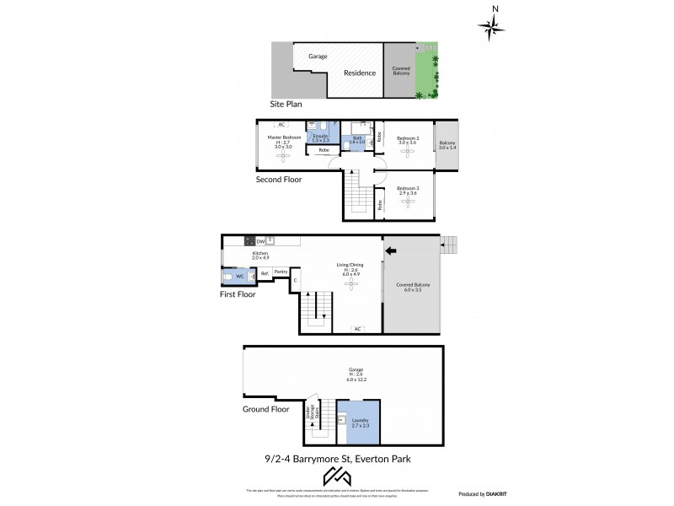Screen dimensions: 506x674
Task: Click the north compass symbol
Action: click(491, 27)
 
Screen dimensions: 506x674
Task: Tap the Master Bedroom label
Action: click(285, 137)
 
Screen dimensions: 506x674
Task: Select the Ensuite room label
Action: click(320, 136)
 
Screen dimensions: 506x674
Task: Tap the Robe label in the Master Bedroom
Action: click(324, 150)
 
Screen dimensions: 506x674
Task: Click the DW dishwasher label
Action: click(260, 240)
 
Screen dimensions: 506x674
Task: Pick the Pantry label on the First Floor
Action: click(281, 272)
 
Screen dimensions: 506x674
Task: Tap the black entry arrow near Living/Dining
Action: click(390, 250)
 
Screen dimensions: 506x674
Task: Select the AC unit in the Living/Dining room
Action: click(357, 329)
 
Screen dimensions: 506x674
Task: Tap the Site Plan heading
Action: click(285, 105)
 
